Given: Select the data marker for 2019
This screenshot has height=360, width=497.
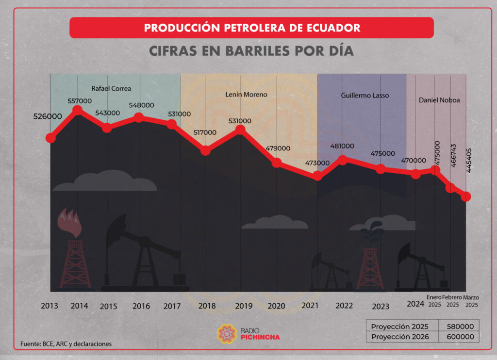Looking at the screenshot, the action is pyautogui.click(x=241, y=130).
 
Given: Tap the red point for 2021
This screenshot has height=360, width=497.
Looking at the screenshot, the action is pyautogui.click(x=317, y=176).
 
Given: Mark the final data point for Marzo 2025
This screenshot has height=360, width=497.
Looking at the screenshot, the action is pyautogui.click(x=466, y=196).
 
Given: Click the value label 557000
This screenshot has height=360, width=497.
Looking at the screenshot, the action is pyautogui.click(x=80, y=101).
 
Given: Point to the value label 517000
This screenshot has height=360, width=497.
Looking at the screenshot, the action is pyautogui.click(x=205, y=132).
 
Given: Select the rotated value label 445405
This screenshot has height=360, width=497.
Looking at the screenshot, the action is pyautogui.click(x=469, y=161).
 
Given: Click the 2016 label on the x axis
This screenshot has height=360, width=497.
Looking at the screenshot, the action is pyautogui.click(x=141, y=306).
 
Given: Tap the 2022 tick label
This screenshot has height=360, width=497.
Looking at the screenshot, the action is pyautogui.click(x=344, y=306).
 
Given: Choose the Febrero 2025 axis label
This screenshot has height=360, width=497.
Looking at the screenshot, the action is pyautogui.click(x=452, y=301).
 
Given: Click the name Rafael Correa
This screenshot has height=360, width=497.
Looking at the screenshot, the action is pyautogui.click(x=111, y=88).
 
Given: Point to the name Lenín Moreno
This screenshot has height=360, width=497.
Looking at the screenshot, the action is pyautogui.click(x=246, y=95).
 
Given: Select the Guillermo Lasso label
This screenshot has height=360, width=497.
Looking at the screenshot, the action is pyautogui.click(x=365, y=96).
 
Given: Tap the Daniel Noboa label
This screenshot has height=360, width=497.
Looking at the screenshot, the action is pyautogui.click(x=439, y=100).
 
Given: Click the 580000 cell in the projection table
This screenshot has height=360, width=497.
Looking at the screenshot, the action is pyautogui.click(x=460, y=327).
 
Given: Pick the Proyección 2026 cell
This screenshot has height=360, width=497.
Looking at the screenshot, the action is pyautogui.click(x=400, y=337).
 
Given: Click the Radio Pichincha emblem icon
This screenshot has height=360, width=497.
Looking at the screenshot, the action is pyautogui.click(x=227, y=334).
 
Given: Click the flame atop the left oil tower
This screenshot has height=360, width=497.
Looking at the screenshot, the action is pyautogui.click(x=70, y=223).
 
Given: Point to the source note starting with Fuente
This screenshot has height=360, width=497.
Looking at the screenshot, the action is pyautogui.click(x=66, y=344).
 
